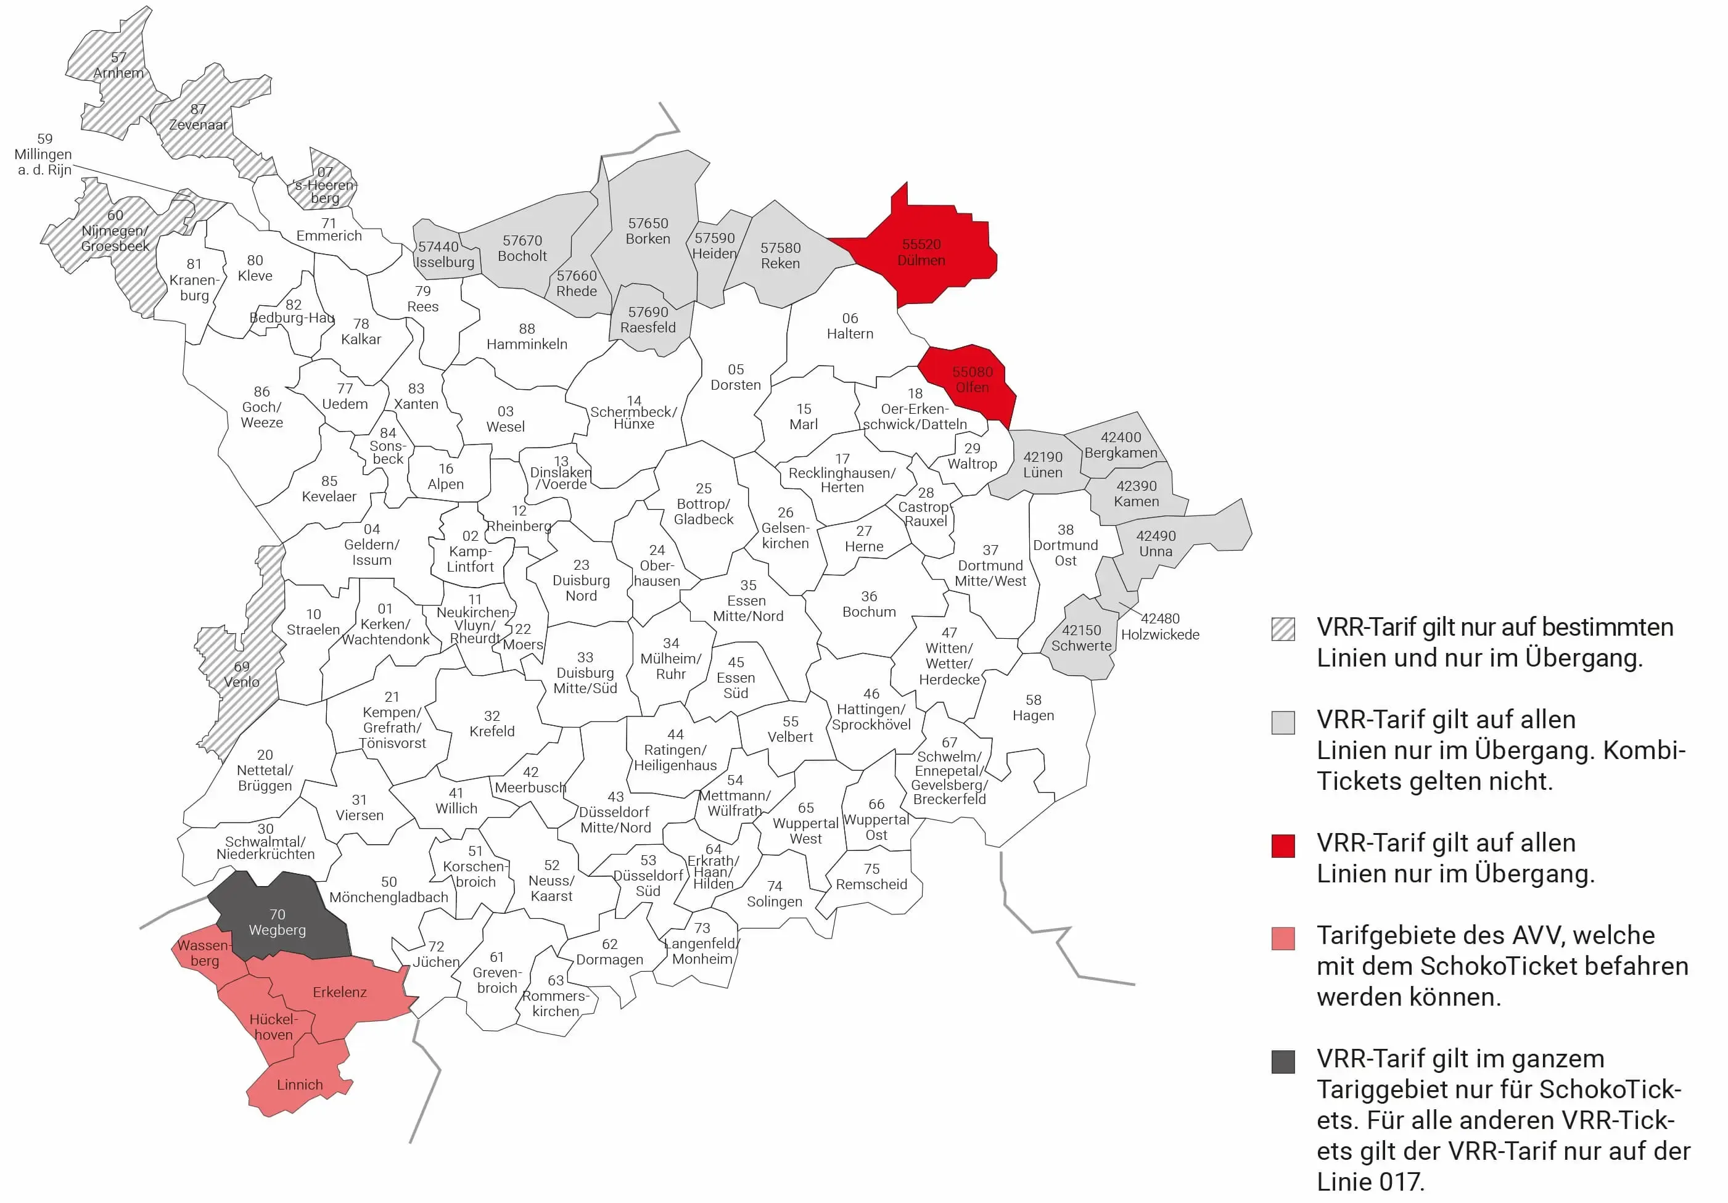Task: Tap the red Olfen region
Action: [972, 380]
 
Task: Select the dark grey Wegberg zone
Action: [277, 922]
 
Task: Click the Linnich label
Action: [300, 1085]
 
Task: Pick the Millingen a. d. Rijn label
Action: [44, 154]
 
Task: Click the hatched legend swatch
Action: [1283, 629]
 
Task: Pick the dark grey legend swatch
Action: [1283, 1062]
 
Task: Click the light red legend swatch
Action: [1283, 938]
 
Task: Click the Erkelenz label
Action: [339, 992]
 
